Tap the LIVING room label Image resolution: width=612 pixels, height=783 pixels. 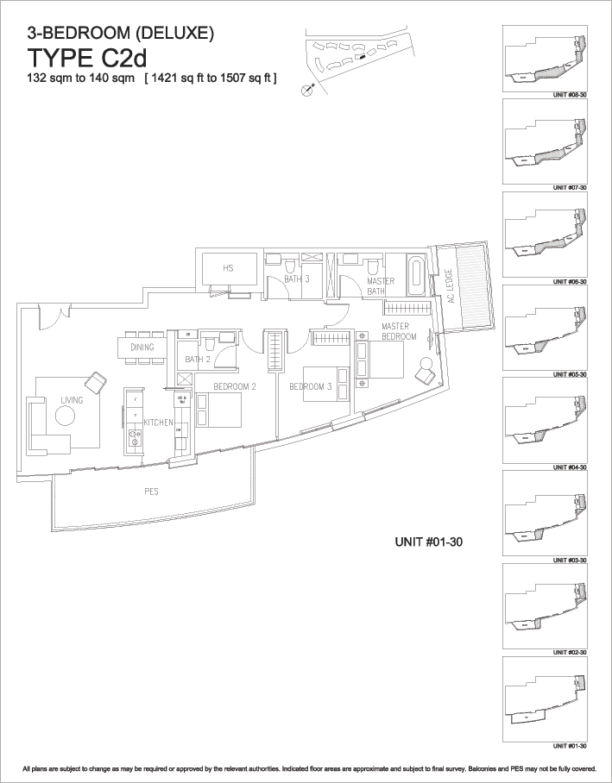pos(71,399)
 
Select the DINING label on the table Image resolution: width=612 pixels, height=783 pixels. pos(142,348)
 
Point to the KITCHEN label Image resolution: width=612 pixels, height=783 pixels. pos(159,423)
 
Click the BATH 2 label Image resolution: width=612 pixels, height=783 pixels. pos(198,359)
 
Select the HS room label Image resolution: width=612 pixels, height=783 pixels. pos(228,268)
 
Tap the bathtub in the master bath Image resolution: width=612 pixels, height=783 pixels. pos(419,275)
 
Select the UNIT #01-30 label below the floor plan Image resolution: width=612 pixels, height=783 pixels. pos(429,543)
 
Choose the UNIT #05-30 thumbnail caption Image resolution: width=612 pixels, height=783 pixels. pos(570,375)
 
